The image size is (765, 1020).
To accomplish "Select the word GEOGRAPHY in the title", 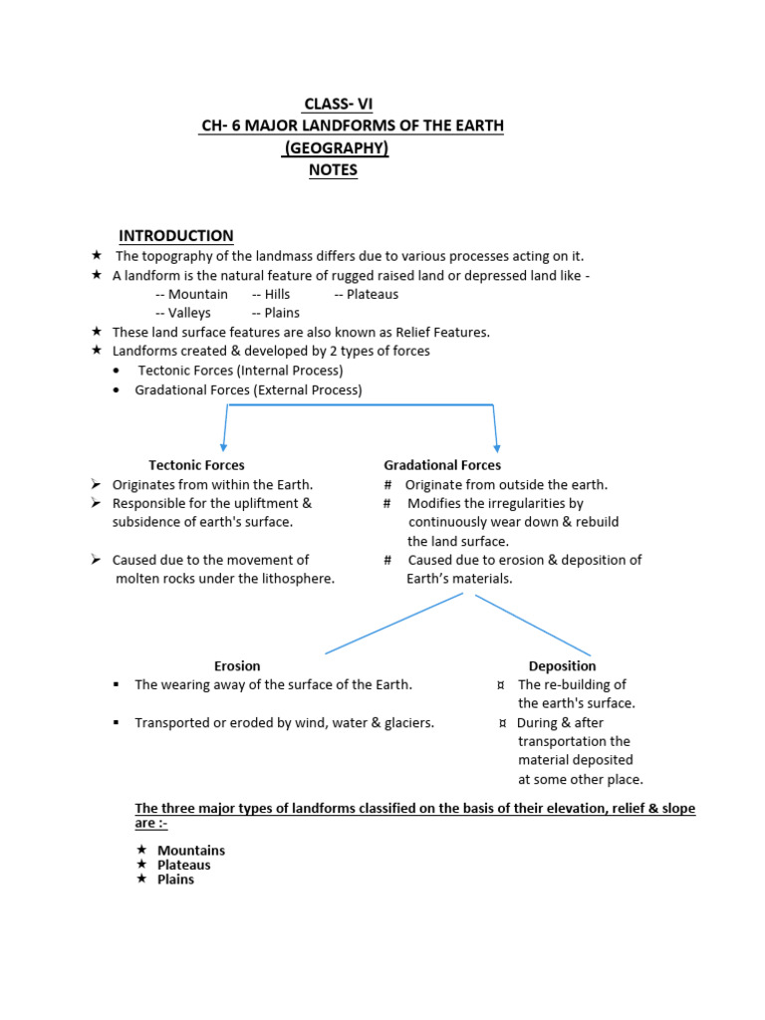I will (337, 148).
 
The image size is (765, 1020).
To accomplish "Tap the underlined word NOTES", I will (333, 170).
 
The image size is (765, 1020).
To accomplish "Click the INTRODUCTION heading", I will (176, 236).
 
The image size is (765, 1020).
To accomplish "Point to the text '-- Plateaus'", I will (366, 294).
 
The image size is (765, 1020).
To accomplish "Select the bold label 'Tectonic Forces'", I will (196, 465).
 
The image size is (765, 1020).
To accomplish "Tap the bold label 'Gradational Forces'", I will (442, 465).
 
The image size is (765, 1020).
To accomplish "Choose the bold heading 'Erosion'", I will (237, 665).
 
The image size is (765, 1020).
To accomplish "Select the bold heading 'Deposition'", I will (562, 665).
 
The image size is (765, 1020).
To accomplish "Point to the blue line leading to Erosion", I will (393, 625).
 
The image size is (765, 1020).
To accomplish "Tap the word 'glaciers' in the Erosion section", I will (406, 723).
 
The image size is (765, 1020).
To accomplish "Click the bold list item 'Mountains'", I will (191, 851).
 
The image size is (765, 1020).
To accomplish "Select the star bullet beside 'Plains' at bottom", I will (141, 880).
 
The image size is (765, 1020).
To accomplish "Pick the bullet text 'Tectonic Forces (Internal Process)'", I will (240, 371).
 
